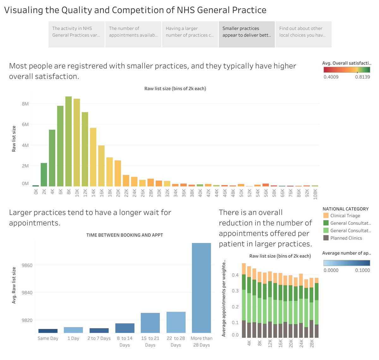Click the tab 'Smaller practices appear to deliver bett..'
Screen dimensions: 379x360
click(x=247, y=34)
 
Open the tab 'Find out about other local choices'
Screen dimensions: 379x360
click(x=304, y=34)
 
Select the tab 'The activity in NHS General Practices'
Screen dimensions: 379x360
click(x=76, y=34)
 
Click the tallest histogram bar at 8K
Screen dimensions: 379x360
click(x=69, y=141)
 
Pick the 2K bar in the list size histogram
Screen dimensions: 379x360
click(x=44, y=174)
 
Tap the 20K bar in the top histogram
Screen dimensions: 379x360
click(x=118, y=173)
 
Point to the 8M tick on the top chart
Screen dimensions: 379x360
click(x=25, y=104)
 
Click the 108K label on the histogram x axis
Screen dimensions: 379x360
click(x=315, y=194)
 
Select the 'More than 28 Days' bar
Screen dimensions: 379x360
click(x=201, y=288)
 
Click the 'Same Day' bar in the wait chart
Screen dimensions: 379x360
click(x=48, y=331)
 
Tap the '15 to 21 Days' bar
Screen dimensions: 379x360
click(x=150, y=323)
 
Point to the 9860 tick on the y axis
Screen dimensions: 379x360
click(x=27, y=265)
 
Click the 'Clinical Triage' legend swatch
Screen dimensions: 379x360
click(x=326, y=215)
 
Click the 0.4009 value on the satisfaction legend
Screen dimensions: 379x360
click(x=331, y=77)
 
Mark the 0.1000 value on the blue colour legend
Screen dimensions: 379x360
click(x=363, y=270)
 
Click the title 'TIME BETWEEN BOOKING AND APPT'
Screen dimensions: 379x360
click(x=124, y=235)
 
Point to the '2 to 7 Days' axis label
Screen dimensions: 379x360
click(x=99, y=338)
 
